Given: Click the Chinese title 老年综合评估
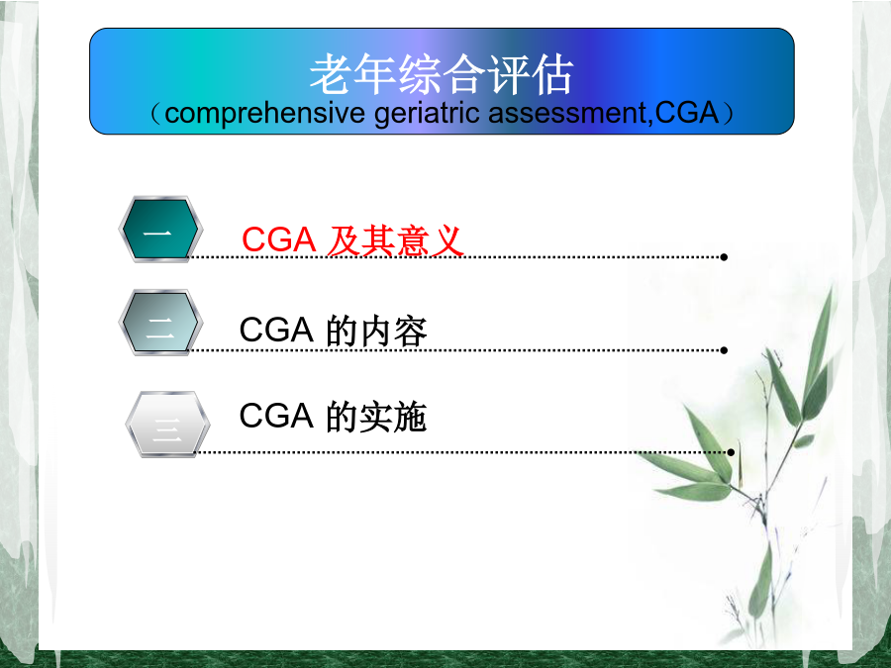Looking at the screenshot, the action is point(442,74).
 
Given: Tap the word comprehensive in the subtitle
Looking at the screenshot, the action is point(264,113).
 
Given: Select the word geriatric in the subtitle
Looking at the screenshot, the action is point(427,113).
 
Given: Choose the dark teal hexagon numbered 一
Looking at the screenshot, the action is point(159,230).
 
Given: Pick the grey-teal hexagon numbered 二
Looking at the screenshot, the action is point(159,323).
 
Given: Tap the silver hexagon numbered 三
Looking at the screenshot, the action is point(167,425).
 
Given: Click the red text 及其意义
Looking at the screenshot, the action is point(395,240).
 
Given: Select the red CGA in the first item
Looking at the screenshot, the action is point(279,239).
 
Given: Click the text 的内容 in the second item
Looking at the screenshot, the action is point(376,332).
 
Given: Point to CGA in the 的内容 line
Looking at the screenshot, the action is point(276,330).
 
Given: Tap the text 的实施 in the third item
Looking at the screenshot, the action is point(375,417).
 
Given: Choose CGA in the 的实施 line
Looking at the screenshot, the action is point(276,416).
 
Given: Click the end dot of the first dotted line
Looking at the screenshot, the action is point(724,257).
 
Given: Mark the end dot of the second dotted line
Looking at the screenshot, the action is point(724,350).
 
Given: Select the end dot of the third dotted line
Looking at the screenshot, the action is point(731,452).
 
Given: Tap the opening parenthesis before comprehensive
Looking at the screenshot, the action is point(155,114).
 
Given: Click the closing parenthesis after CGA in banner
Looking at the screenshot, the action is point(728,114).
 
